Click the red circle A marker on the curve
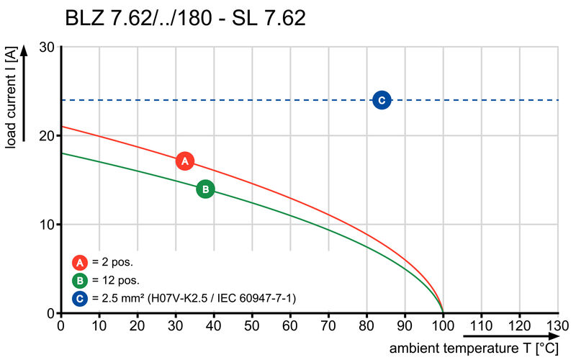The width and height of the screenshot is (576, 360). tap(184, 161)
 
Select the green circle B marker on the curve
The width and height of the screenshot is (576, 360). tap(205, 189)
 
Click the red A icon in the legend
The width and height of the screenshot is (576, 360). tap(80, 263)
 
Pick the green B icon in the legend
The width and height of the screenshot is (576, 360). tap(80, 281)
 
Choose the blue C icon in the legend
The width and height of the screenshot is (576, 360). tap(80, 298)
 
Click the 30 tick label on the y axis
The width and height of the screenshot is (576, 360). tap(48, 47)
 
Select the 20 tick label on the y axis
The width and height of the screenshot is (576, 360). tap(48, 135)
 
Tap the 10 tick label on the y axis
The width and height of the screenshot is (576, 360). tap(48, 225)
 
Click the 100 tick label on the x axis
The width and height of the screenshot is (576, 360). tap(443, 326)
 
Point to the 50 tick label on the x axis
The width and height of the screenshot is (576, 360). tap(252, 326)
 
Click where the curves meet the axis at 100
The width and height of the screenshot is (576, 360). tap(443, 312)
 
